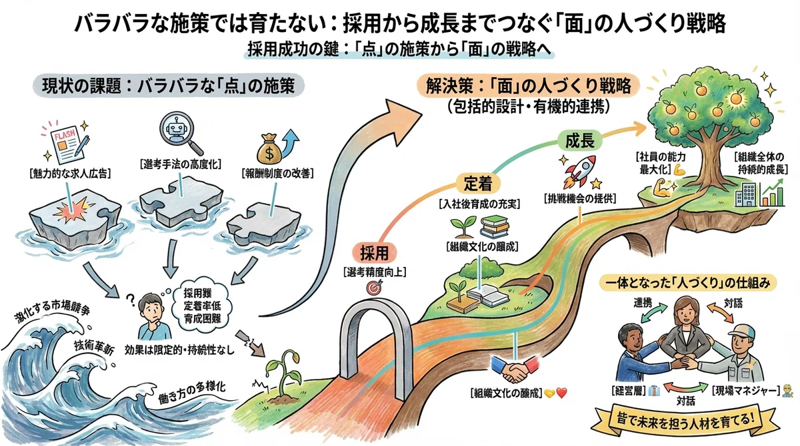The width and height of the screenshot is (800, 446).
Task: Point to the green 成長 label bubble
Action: (x=580, y=141)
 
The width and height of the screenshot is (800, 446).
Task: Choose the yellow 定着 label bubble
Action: (x=478, y=184)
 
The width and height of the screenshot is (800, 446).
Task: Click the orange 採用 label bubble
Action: (x=374, y=254)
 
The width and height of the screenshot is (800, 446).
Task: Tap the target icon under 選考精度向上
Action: (x=374, y=287)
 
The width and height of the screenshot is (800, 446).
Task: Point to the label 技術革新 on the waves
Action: (x=94, y=348)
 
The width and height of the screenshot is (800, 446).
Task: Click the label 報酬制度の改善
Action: (x=277, y=174)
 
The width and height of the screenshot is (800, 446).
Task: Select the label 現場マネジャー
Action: (x=746, y=391)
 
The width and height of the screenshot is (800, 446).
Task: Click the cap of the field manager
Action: (x=742, y=331)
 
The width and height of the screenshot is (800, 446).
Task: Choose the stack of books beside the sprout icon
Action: (x=495, y=228)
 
